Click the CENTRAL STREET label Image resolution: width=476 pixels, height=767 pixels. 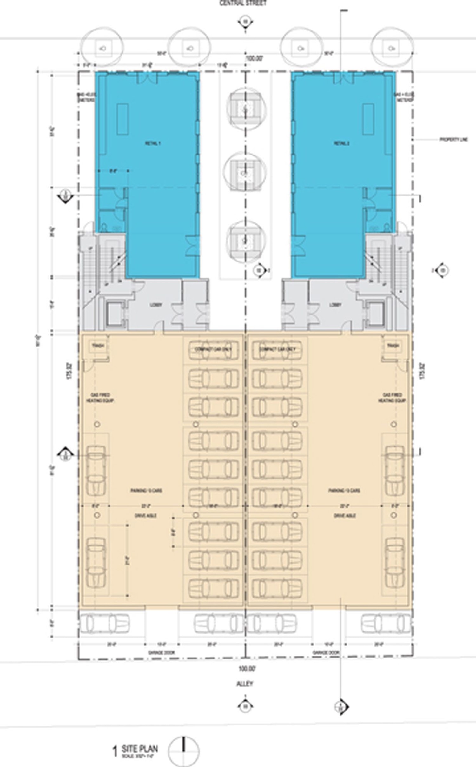[x=243, y=3]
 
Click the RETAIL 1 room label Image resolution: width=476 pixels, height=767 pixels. [x=153, y=143]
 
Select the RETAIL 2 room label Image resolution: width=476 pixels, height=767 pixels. [x=341, y=143]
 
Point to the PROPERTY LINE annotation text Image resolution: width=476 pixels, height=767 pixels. [x=453, y=140]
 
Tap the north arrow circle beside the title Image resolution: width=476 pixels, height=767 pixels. [x=184, y=742]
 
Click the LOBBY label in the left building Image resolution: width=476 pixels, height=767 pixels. [x=156, y=305]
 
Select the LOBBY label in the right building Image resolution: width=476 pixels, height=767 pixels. [x=335, y=305]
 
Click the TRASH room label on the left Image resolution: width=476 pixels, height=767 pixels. [x=96, y=346]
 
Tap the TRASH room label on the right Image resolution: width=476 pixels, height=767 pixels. [x=393, y=346]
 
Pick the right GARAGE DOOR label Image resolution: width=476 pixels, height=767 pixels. [x=326, y=653]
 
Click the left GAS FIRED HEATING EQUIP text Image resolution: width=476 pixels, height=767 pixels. [x=100, y=398]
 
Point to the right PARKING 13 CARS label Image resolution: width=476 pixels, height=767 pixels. [x=344, y=491]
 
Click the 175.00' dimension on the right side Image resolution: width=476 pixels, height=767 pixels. [x=422, y=370]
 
